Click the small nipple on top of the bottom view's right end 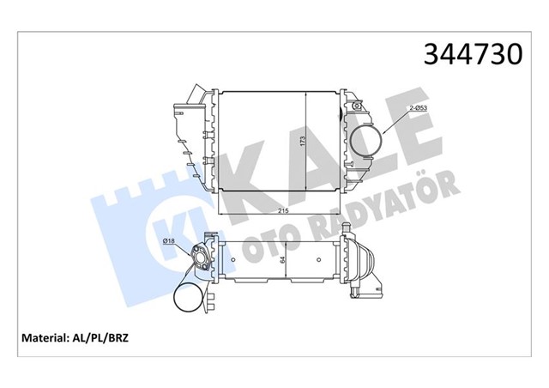click(347, 228)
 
